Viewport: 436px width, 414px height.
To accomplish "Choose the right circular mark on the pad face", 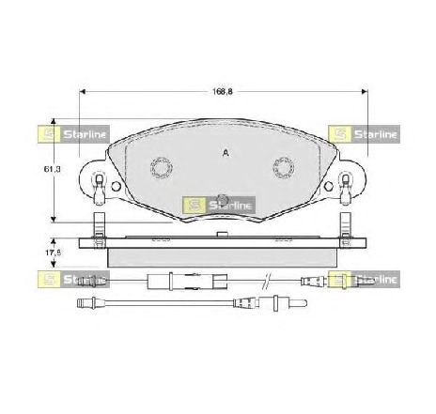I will point(283,168).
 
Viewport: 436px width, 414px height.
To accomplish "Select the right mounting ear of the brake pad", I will point(352,180).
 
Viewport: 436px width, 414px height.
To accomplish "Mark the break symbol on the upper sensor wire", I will point(268,279).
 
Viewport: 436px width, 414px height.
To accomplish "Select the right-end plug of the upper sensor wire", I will point(315,279).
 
